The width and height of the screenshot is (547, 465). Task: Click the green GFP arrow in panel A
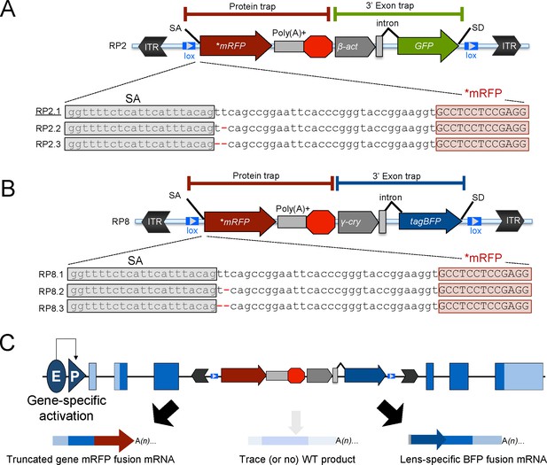[x=428, y=46]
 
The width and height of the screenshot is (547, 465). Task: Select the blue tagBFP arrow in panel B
[x=430, y=221]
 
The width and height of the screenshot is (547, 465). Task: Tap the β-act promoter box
[x=354, y=46]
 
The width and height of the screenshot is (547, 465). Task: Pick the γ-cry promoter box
[x=357, y=221]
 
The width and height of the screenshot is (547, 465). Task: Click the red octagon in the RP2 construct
[x=318, y=46]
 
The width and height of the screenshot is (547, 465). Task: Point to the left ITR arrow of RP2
[x=152, y=46]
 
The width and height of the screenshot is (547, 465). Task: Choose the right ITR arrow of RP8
[x=510, y=221]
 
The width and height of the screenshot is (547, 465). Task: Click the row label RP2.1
[x=48, y=112]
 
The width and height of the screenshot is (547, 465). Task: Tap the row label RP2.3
[x=48, y=144]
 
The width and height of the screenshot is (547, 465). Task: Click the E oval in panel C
[x=56, y=376]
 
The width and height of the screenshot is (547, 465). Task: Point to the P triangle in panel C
[x=75, y=376]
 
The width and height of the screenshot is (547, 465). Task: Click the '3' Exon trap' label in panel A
[x=390, y=5]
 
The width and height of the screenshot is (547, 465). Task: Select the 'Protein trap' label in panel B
[x=255, y=175]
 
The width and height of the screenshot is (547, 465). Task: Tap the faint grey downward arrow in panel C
[x=296, y=422]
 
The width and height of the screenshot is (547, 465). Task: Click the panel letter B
[x=8, y=189]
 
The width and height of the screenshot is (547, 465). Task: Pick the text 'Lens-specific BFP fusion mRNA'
[x=473, y=459]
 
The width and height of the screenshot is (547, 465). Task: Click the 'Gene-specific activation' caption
[x=66, y=407]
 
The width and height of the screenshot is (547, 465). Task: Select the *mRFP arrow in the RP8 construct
[x=239, y=221]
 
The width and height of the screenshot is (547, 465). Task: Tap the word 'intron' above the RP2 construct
[x=387, y=23]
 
